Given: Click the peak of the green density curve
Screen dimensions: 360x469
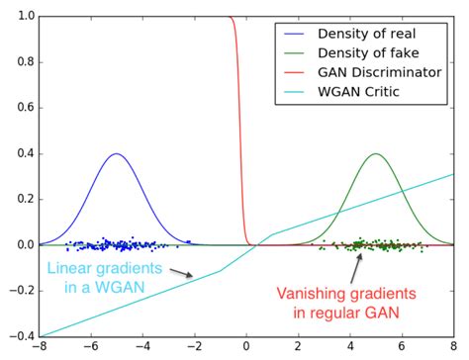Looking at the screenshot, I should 375,153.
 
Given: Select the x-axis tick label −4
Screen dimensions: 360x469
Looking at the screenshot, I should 143,349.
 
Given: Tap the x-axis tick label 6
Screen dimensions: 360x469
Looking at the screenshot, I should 402,349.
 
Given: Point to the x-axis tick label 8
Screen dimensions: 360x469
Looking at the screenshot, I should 453,349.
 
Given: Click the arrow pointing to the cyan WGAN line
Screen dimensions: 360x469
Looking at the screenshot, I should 180,273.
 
